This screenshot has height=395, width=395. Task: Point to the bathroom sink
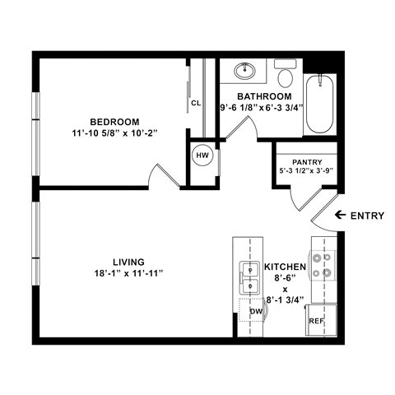click(x=244, y=72)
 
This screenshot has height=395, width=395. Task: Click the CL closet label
click(x=196, y=104)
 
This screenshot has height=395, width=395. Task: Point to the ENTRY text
click(x=368, y=216)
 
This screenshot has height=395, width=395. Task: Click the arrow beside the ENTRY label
click(x=340, y=216)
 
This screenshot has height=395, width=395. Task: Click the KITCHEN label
click(x=285, y=268)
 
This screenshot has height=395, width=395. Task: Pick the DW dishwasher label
click(x=255, y=312)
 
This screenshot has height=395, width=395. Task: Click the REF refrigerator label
click(x=316, y=321)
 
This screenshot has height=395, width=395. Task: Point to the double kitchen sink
click(x=247, y=276)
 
